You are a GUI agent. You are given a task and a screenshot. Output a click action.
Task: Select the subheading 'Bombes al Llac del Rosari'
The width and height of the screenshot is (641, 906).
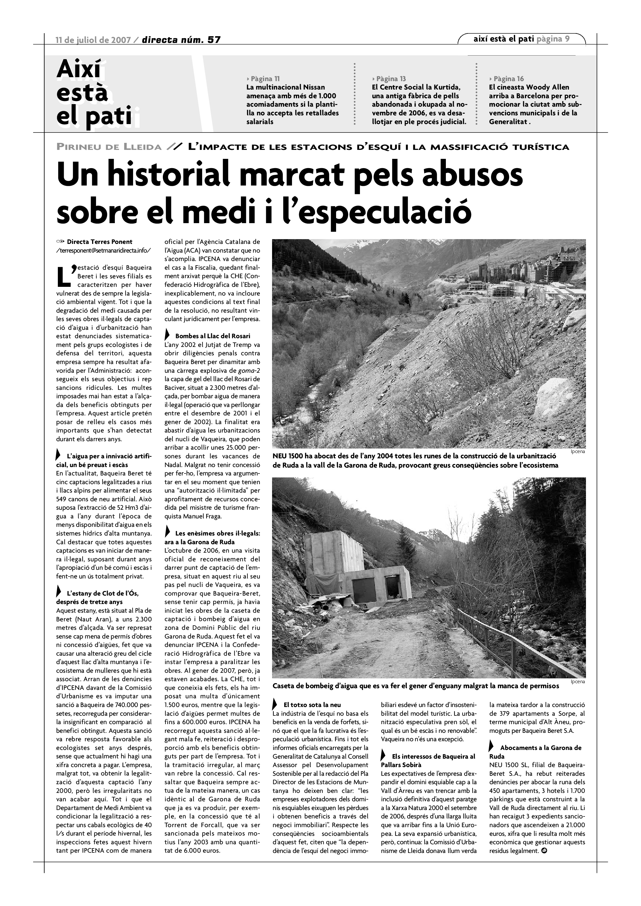(x=212, y=336)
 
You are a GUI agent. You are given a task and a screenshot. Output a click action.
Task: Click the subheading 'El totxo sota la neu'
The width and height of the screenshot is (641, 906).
(x=312, y=705)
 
